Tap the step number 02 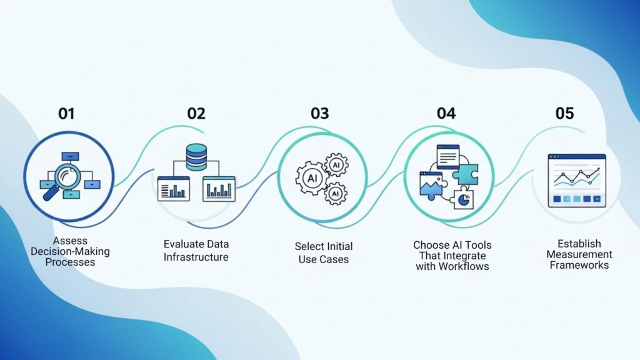196,114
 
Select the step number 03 319,114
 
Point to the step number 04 446,114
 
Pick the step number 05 564,114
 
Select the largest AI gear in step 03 310,177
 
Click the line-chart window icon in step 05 577,181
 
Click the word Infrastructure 196,257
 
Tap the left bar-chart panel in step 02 173,189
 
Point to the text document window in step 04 447,155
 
